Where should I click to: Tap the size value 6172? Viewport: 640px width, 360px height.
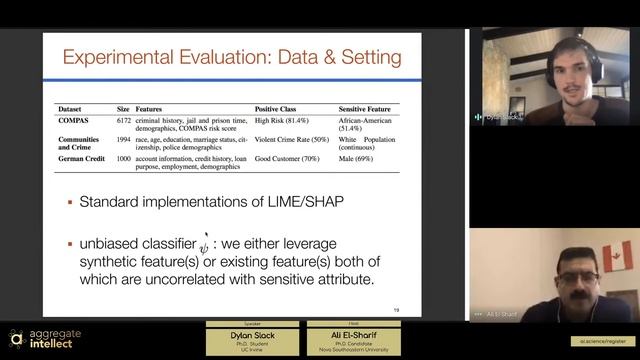coord(123,119)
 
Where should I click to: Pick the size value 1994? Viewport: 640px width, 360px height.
coord(123,139)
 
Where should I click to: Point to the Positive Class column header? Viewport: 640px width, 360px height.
coord(279,108)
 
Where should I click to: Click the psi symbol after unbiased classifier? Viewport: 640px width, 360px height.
coord(205,245)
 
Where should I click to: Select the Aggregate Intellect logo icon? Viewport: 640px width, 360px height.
coord(16,338)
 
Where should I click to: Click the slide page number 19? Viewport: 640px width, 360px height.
coord(397,309)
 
